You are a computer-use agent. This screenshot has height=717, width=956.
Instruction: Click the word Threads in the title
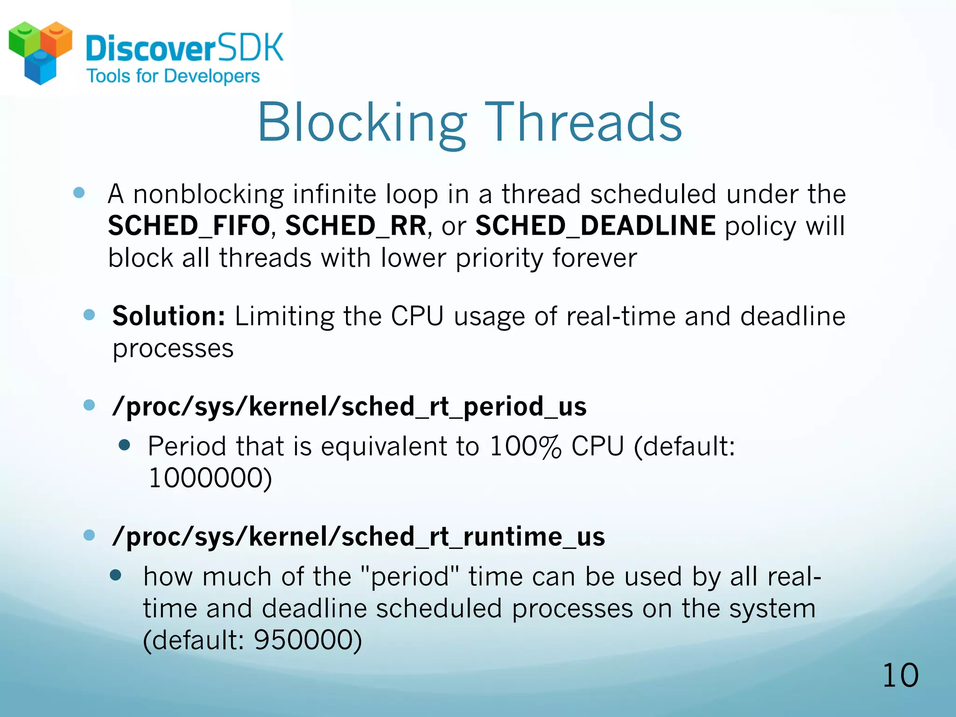point(583,122)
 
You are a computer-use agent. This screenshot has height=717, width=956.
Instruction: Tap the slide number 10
point(900,675)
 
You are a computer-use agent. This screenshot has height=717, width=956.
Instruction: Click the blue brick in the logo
point(40,68)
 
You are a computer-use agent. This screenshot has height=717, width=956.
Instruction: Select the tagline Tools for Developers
point(173,76)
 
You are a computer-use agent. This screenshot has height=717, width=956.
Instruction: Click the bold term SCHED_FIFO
point(189,226)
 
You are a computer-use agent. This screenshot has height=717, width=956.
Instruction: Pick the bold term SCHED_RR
point(356,226)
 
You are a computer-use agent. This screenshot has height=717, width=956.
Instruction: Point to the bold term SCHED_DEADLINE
point(595,226)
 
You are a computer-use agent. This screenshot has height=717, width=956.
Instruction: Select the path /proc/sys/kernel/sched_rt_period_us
point(349,407)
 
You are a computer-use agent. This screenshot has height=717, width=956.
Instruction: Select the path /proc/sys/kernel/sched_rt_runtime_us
point(358,536)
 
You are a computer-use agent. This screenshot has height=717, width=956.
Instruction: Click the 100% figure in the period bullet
point(525,446)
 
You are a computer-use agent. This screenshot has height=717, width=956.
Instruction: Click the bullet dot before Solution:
point(89,315)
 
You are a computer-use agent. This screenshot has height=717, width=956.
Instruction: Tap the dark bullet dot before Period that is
point(124,445)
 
